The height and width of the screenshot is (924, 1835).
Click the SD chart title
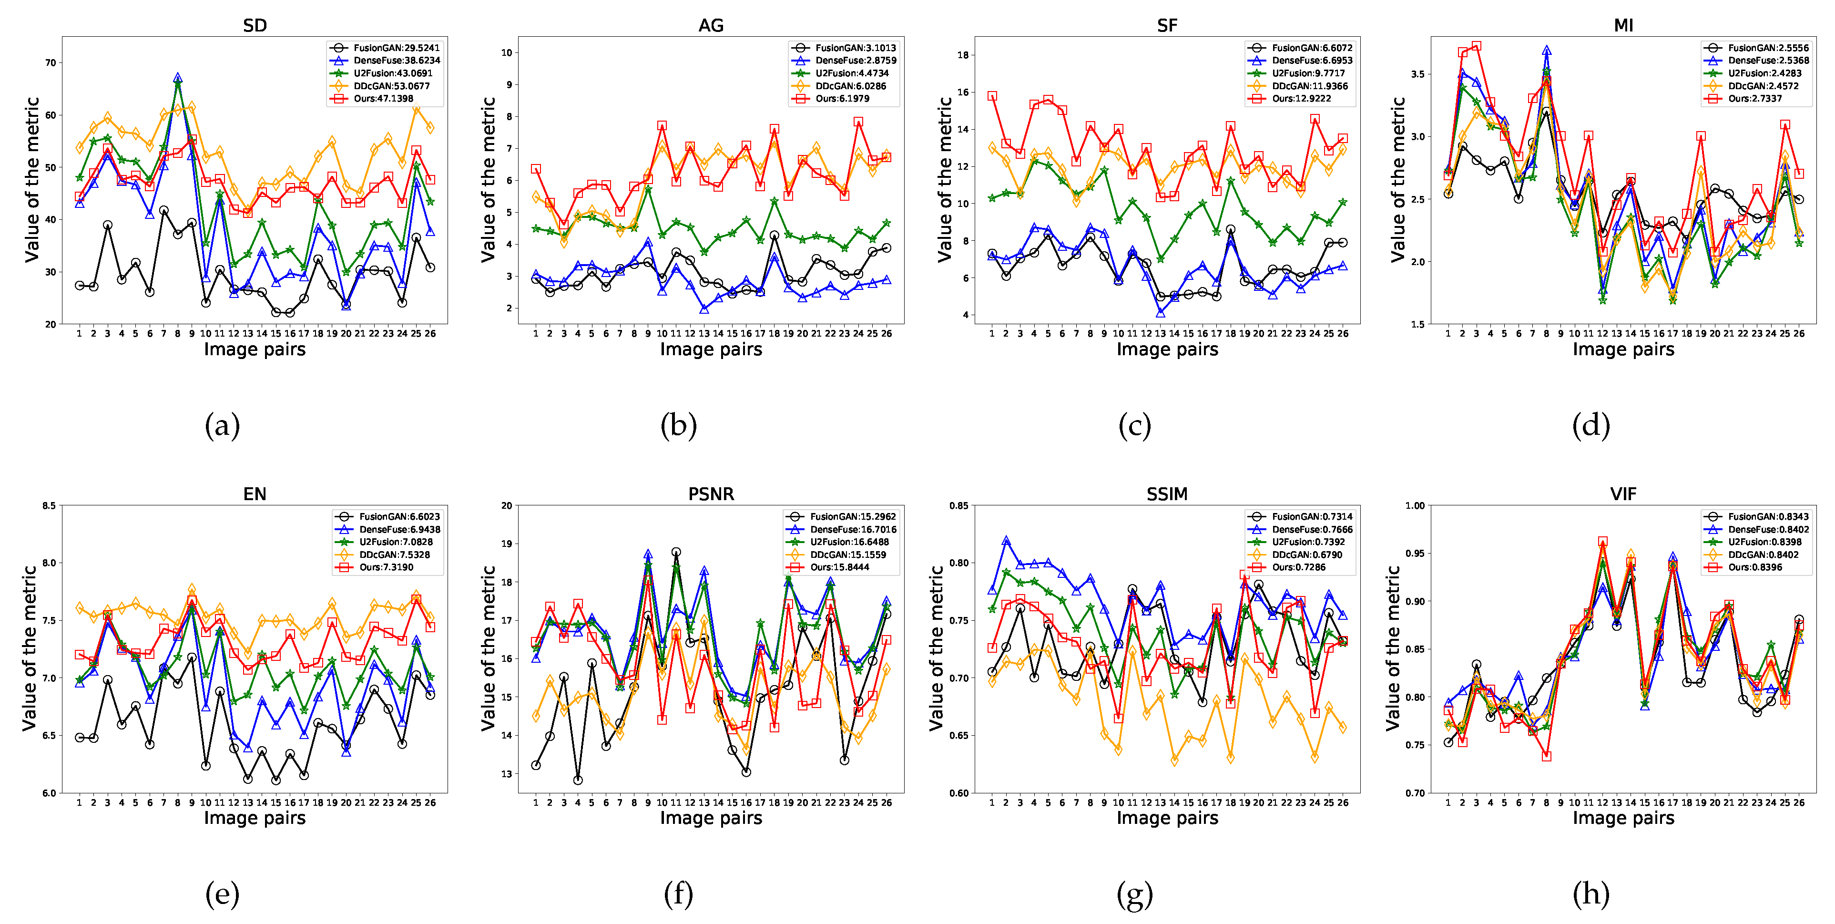pos(255,26)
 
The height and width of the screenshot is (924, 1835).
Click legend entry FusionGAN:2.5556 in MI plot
pos(1767,48)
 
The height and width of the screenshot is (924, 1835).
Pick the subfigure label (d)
pos(1590,426)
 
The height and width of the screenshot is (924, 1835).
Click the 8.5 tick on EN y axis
pos(49,506)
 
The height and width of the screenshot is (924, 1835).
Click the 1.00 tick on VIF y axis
pos(1415,506)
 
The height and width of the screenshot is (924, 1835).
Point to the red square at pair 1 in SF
pos(991,95)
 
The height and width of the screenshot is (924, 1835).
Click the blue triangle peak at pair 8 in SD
pos(177,78)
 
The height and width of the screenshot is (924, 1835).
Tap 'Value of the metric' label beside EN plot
pos(29,648)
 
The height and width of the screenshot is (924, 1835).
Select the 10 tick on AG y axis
pos(507,53)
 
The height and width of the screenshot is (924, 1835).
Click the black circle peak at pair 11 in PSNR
pos(676,552)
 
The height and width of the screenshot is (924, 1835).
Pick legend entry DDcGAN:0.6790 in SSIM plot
pos(1306,555)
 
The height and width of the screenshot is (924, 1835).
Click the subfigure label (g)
pos(1134,895)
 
